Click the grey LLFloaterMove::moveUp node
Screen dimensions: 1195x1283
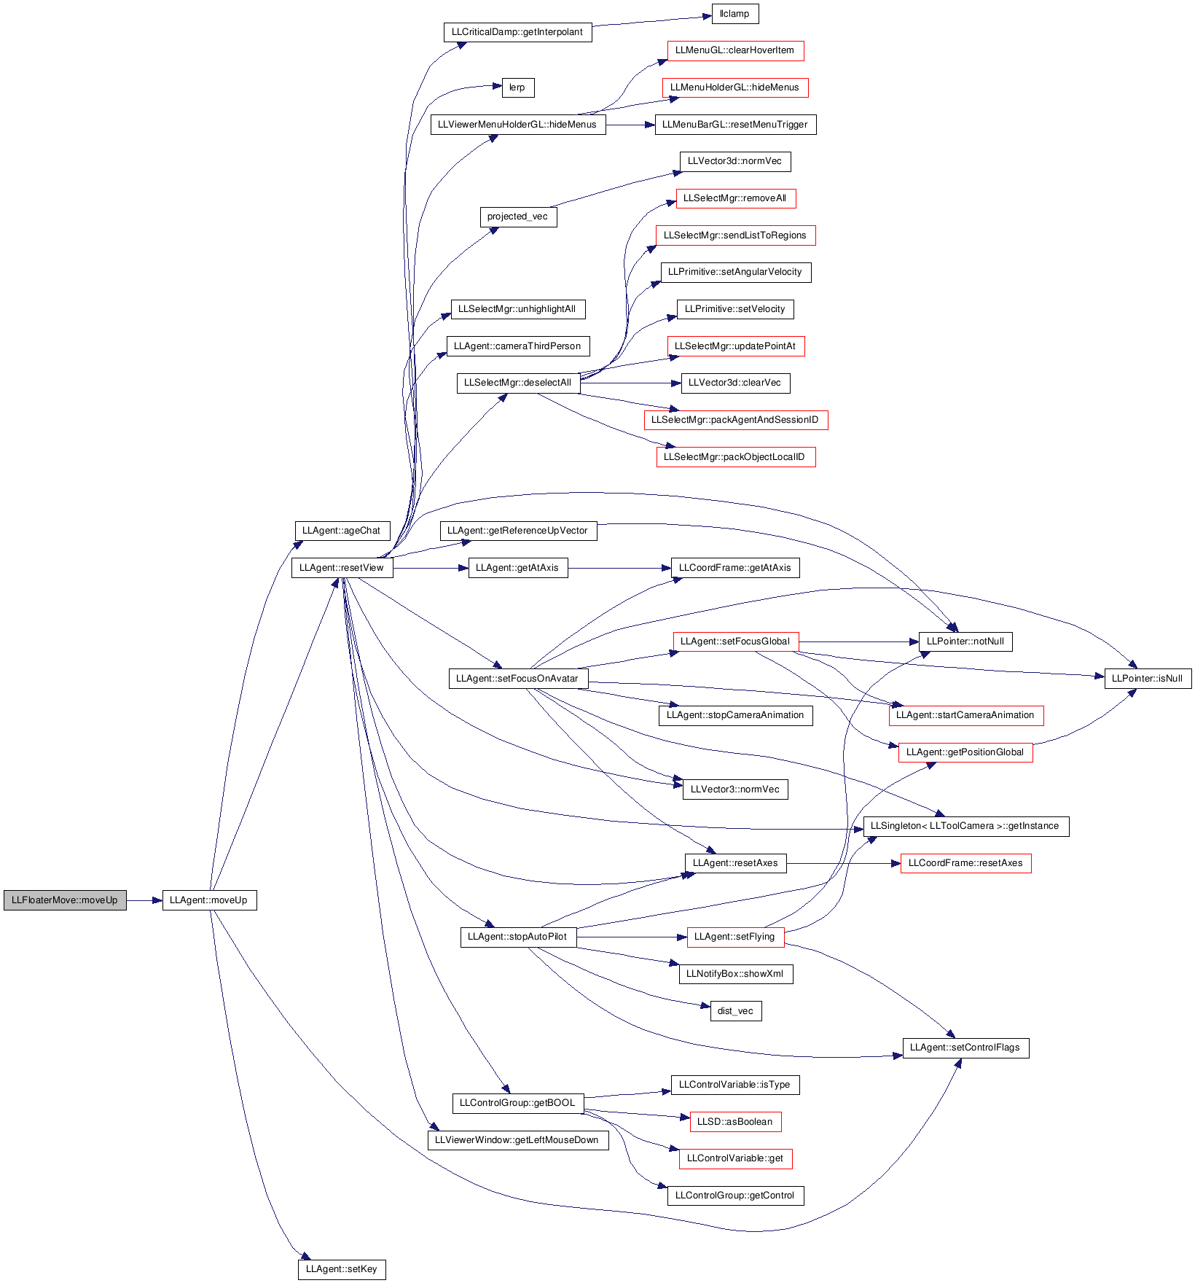tap(65, 900)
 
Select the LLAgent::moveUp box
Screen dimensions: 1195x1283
tap(209, 900)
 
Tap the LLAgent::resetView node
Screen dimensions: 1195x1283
tap(342, 568)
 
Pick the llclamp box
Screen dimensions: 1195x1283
tap(734, 14)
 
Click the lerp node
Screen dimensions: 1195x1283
tap(517, 87)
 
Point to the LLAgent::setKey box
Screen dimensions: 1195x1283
tap(342, 1269)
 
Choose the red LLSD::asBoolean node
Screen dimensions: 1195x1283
tap(735, 1122)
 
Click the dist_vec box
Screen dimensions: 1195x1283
tap(736, 1011)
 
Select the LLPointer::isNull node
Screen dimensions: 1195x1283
tap(1148, 679)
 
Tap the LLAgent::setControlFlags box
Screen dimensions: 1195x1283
tap(965, 1048)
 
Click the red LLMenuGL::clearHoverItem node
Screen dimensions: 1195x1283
tap(735, 50)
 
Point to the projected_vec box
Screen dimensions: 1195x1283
tap(518, 217)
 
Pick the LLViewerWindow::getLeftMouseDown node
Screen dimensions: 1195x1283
tap(517, 1140)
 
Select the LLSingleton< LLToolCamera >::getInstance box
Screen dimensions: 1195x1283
tap(965, 826)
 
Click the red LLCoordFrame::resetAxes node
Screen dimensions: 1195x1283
tap(965, 863)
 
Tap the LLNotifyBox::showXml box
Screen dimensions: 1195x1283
tap(735, 974)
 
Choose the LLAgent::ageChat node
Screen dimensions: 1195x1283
tap(342, 531)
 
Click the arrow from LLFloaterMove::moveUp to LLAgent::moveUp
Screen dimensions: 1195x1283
tap(144, 900)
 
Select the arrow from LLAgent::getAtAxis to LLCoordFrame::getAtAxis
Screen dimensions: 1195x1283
tap(619, 568)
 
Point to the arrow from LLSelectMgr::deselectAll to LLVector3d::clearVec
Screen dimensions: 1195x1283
tap(631, 383)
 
